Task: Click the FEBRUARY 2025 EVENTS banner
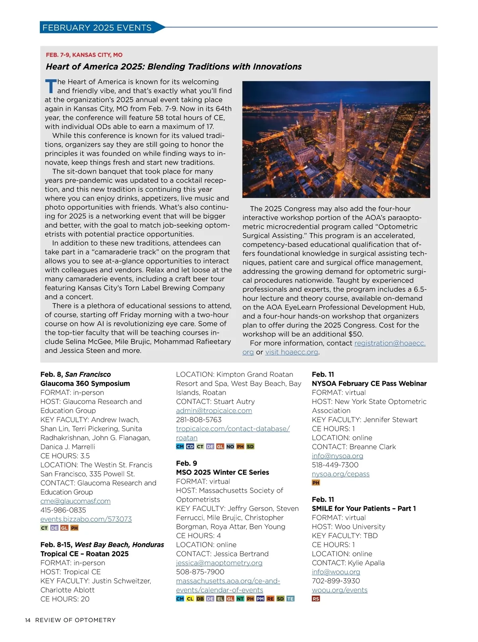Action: tap(97, 27)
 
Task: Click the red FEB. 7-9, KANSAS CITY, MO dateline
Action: tap(84, 55)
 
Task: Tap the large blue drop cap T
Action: tap(51, 86)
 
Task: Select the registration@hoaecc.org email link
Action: tap(390, 343)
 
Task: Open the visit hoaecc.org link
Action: tap(292, 352)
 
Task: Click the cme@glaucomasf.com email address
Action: tap(75, 501)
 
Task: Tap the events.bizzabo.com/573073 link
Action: tap(86, 519)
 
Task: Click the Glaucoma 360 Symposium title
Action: tap(85, 383)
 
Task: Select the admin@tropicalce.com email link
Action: tap(214, 411)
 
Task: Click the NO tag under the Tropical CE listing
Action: tap(230, 447)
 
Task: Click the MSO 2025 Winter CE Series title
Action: tap(222, 472)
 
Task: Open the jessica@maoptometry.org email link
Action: tap(219, 563)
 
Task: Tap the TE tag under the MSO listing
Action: tap(290, 599)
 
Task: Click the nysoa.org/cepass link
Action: tap(341, 474)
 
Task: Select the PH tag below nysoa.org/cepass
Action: tap(316, 483)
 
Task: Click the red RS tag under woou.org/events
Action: tap(316, 599)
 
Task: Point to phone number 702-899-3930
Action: tap(336, 581)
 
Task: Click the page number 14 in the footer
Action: tap(27, 620)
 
